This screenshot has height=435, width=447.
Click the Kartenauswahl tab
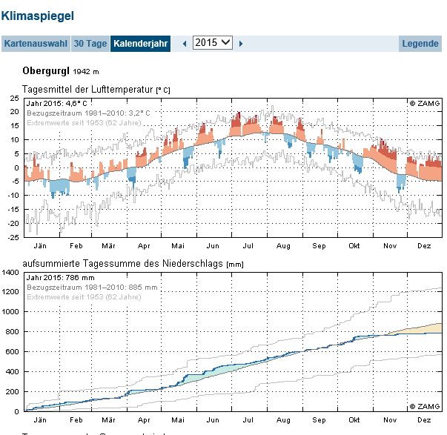click(x=36, y=43)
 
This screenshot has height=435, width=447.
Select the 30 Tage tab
click(x=90, y=43)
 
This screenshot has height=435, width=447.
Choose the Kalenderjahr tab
click(x=141, y=43)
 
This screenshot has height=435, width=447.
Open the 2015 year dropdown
click(x=212, y=43)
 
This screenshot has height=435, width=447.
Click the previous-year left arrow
click(x=185, y=44)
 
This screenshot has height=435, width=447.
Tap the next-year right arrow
click(x=241, y=44)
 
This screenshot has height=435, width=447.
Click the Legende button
click(x=420, y=43)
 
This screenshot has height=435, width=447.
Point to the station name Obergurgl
click(x=46, y=71)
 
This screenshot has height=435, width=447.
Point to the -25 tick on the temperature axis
click(x=13, y=237)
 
